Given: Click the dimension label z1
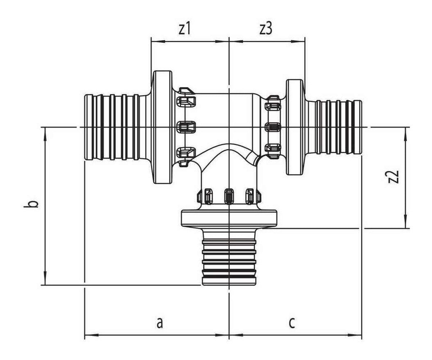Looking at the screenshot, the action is (185, 29).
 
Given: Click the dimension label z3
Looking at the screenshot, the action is (266, 29).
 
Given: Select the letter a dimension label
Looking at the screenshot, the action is (160, 323).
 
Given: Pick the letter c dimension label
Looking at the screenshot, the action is (292, 323).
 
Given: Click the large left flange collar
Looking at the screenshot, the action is (162, 127).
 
